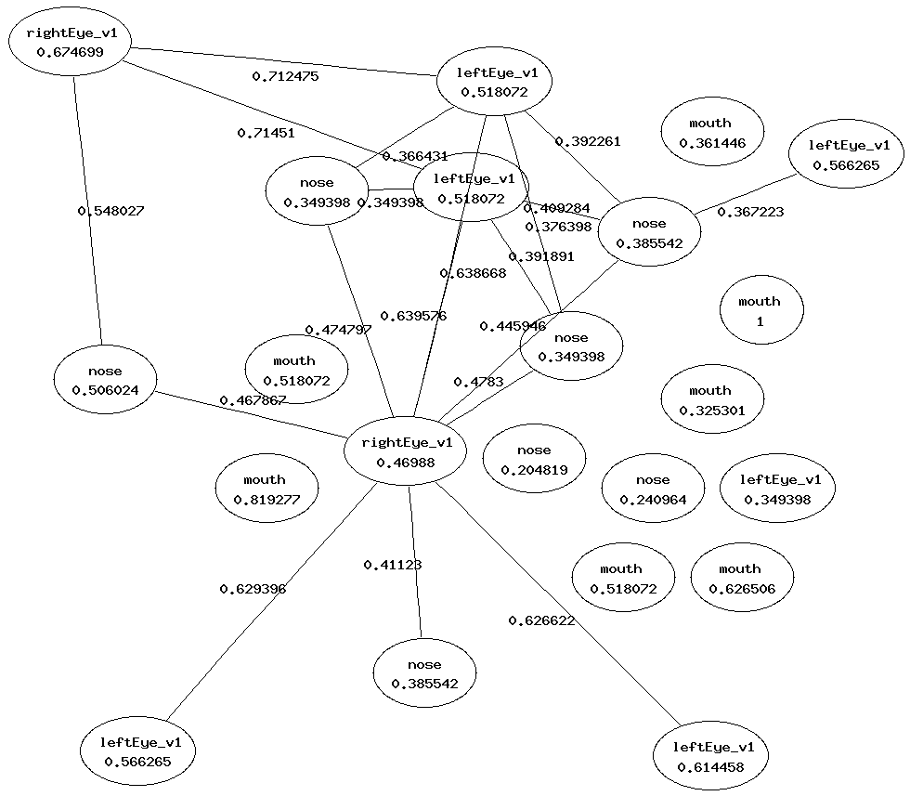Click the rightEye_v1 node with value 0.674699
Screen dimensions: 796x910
(70, 43)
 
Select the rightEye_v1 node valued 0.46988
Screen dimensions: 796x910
(405, 451)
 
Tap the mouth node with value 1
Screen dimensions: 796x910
(760, 310)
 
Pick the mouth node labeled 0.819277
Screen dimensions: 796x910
(266, 489)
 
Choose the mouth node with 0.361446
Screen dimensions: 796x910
(712, 133)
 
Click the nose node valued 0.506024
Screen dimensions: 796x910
(105, 381)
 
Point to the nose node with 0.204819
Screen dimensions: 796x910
(534, 460)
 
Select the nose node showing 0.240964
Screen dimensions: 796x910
(653, 489)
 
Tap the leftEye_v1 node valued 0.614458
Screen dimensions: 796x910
(712, 757)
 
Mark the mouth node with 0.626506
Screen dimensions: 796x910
(741, 578)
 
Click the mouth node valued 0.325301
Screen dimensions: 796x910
(711, 399)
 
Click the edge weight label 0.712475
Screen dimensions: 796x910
(286, 76)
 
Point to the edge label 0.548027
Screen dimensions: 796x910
(110, 211)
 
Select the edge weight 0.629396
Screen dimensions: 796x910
(253, 589)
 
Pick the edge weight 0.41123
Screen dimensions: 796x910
(392, 565)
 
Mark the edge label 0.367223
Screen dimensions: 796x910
(750, 212)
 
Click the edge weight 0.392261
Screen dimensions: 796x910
(588, 142)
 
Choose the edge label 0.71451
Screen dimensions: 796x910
(266, 133)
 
